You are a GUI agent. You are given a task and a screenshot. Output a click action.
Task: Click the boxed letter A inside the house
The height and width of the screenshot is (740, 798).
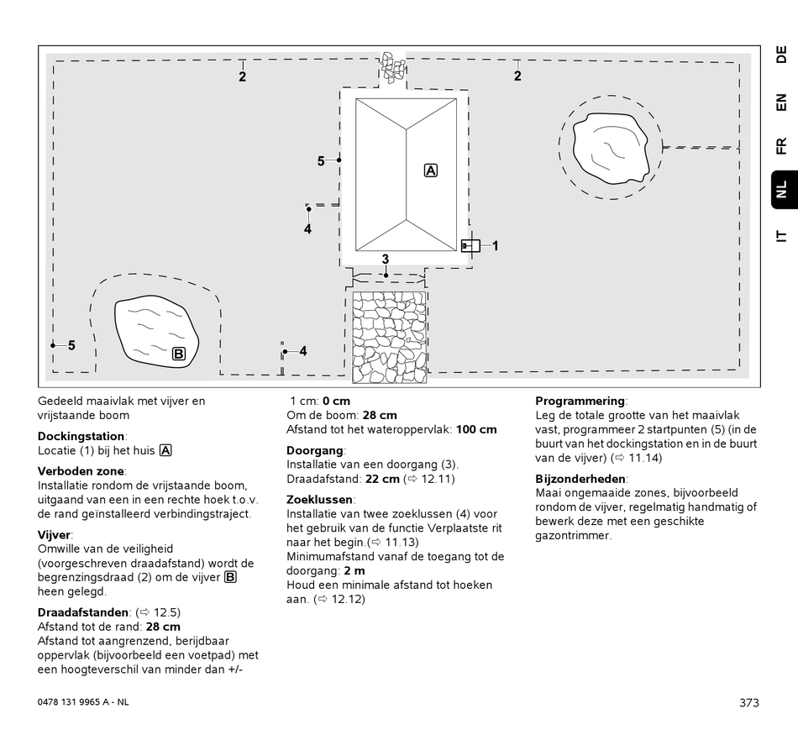(x=431, y=171)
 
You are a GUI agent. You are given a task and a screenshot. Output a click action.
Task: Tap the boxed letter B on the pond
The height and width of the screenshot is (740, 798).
(x=179, y=354)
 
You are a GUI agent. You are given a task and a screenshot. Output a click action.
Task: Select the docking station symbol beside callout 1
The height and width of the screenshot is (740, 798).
(x=470, y=245)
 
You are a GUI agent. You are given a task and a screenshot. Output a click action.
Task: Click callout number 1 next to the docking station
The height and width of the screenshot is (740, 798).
(x=496, y=246)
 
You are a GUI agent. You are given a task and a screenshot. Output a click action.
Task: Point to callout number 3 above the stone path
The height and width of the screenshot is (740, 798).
(x=386, y=260)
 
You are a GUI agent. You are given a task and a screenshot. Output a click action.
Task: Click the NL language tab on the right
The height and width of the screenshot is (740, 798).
(x=781, y=189)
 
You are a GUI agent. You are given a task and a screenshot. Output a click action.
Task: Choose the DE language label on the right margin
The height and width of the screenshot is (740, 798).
(x=781, y=55)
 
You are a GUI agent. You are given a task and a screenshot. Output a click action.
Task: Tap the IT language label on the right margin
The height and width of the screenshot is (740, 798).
(x=781, y=236)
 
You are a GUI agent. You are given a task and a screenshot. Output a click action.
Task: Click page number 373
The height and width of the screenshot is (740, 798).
(x=749, y=702)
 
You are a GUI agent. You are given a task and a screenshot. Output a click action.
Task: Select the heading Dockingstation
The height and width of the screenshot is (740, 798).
(x=81, y=436)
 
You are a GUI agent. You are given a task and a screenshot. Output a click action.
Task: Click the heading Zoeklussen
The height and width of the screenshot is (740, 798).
(x=319, y=499)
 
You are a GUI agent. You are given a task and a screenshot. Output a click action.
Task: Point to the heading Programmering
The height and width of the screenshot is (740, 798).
(x=580, y=401)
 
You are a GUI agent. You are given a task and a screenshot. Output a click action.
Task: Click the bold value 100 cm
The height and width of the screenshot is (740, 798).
(x=476, y=429)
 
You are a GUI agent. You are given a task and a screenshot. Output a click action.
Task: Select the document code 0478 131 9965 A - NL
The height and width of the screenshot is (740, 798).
(x=84, y=702)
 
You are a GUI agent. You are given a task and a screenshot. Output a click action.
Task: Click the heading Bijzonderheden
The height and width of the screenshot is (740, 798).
(x=580, y=479)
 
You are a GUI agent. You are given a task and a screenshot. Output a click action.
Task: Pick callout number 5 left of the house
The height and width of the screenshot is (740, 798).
(x=321, y=161)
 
